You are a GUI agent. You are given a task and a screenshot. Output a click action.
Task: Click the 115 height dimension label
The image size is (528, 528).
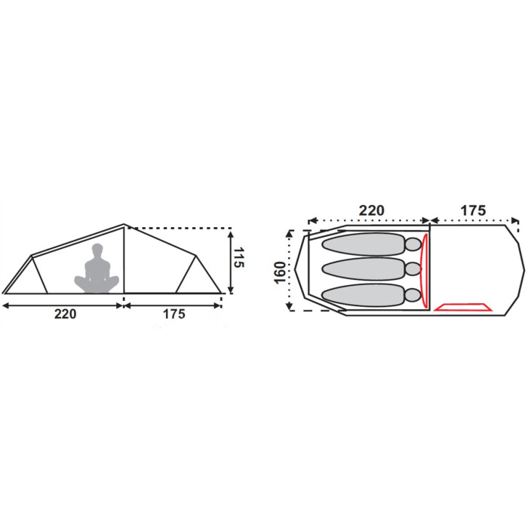tap(238, 258)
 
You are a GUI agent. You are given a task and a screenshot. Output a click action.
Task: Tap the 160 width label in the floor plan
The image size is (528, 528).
tap(280, 272)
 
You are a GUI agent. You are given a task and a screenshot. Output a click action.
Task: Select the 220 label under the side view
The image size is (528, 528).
tap(66, 315)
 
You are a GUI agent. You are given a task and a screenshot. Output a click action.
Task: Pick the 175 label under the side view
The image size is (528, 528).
tap(174, 315)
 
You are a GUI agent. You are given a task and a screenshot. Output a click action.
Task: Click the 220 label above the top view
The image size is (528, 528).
tap(371, 210)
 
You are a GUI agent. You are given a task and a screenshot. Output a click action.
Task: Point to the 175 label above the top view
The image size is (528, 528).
tap(473, 210)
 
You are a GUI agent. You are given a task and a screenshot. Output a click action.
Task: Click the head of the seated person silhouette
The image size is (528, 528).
tap(97, 250)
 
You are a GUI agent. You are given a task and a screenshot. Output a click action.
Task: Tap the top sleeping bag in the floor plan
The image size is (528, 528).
tap(364, 244)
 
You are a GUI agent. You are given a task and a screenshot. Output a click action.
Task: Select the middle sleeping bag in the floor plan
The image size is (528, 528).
tap(364, 269)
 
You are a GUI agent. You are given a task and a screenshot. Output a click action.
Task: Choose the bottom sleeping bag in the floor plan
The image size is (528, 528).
tap(364, 295)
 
